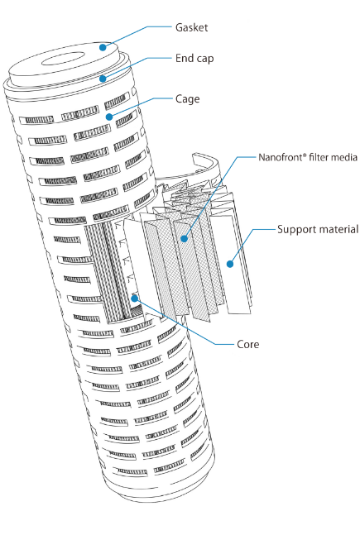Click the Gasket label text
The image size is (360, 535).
(x=191, y=27)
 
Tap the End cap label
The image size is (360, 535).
(x=194, y=59)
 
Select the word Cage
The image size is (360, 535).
(x=188, y=99)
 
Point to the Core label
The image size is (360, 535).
(x=248, y=344)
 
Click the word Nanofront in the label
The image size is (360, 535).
(x=281, y=157)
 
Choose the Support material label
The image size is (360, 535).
(x=318, y=229)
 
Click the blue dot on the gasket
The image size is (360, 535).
(x=103, y=47)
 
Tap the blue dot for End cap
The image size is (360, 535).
(x=103, y=79)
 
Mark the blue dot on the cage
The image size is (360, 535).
(x=109, y=117)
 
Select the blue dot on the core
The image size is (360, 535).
(x=135, y=299)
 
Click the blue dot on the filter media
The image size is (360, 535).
(x=185, y=238)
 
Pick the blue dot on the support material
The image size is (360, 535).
(x=230, y=264)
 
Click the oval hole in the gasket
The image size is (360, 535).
(x=63, y=59)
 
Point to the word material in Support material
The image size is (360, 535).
(x=338, y=229)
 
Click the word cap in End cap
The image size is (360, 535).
(x=204, y=59)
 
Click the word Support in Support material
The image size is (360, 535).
(x=295, y=230)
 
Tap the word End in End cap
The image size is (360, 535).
(x=184, y=58)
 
